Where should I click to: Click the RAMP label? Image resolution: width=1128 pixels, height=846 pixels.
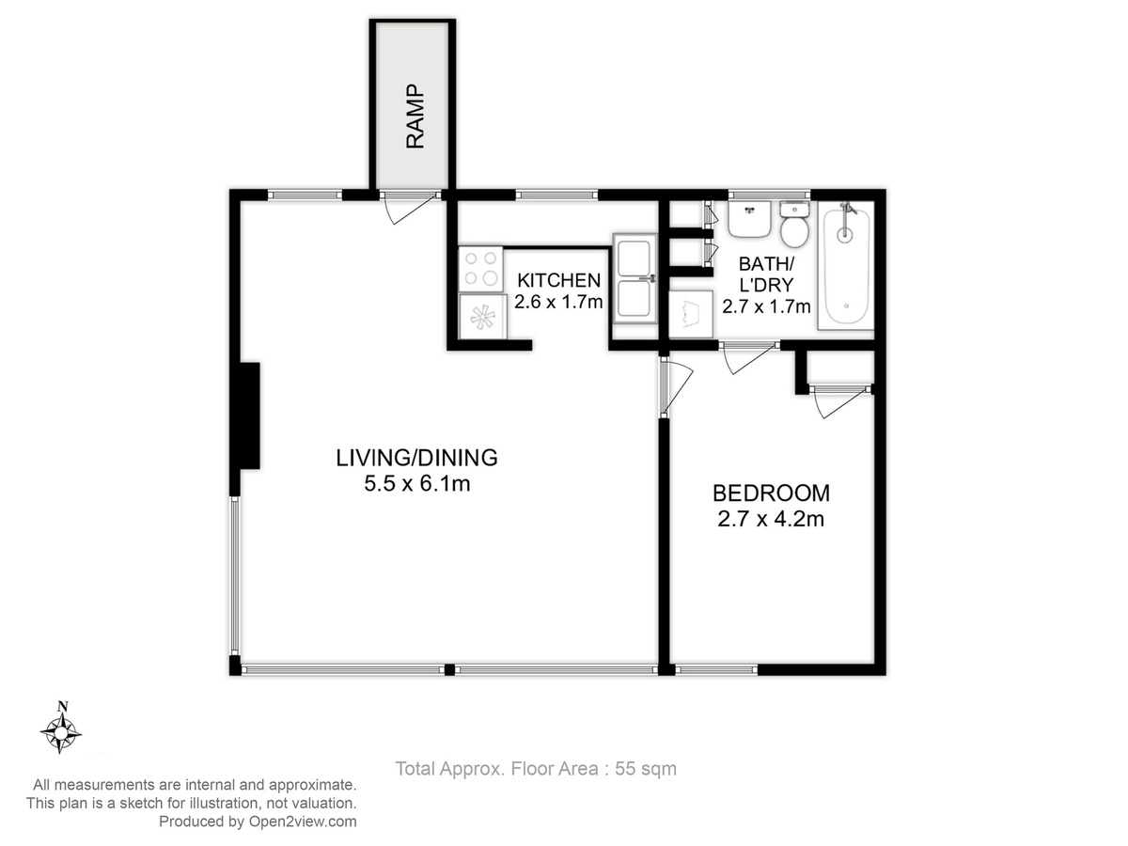point(415,117)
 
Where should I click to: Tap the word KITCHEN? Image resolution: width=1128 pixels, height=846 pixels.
point(558,280)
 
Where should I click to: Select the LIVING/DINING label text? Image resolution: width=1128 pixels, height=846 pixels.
point(416,458)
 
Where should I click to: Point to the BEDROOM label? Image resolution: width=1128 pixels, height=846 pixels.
point(771,493)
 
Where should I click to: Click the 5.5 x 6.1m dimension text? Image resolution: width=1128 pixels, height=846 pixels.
point(416,484)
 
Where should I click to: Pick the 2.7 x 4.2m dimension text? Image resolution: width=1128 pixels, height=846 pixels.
point(771,519)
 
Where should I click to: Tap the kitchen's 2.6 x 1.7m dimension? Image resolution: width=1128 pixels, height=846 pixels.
point(558,302)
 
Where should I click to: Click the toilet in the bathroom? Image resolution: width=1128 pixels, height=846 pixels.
point(794,224)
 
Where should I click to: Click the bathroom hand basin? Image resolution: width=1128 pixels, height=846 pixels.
point(749,219)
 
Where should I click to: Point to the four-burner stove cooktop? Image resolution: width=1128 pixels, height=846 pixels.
point(480,269)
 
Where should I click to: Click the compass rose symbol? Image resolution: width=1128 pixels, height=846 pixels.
point(61,732)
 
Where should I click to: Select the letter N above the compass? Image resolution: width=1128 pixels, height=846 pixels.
point(63,706)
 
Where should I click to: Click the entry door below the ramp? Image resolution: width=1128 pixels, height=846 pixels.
point(410,208)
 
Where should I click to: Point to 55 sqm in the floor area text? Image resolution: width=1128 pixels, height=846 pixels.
point(646,769)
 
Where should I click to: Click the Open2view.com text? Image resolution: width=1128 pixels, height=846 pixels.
point(303,822)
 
